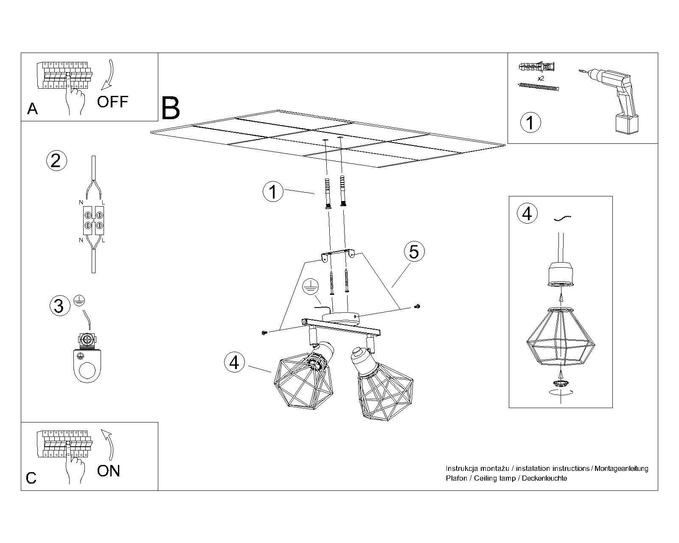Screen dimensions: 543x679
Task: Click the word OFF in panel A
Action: click(112, 102)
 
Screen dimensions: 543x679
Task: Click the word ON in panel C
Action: click(109, 471)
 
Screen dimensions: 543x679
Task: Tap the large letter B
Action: click(171, 109)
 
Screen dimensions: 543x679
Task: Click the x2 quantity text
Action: click(541, 79)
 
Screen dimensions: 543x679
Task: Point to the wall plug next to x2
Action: click(536, 67)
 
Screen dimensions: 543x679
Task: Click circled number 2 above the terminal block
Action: click(56, 161)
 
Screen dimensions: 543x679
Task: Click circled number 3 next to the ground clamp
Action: click(59, 306)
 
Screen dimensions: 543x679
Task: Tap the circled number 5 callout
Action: click(414, 252)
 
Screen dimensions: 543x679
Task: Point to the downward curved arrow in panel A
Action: click(108, 76)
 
